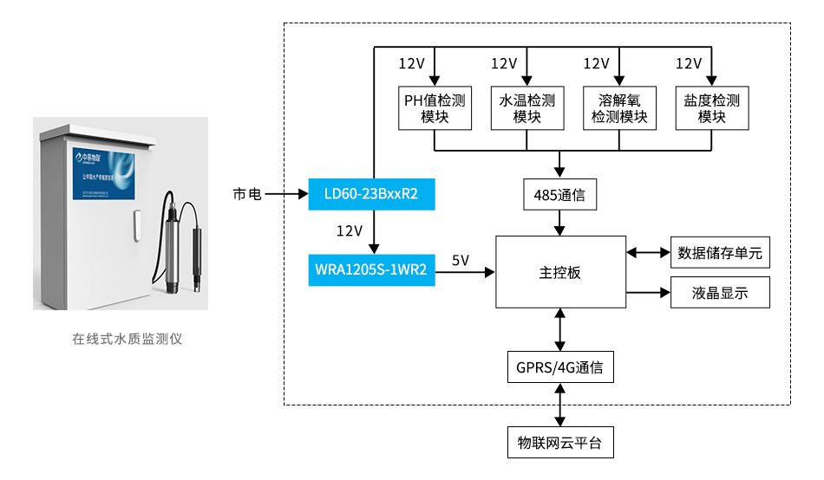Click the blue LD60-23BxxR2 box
click(371, 194)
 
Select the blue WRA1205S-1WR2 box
click(371, 270)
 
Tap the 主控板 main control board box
click(559, 271)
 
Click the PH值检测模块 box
click(435, 108)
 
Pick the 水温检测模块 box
click(526, 108)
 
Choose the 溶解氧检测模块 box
click(619, 108)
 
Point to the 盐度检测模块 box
click(711, 108)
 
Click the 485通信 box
click(560, 195)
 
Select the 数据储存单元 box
click(720, 253)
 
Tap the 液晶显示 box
click(720, 293)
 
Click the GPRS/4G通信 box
click(560, 366)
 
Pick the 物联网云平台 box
click(560, 443)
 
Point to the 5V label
click(460, 260)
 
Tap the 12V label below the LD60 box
click(350, 230)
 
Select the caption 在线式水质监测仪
click(128, 339)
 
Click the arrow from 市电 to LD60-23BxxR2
click(286, 194)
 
